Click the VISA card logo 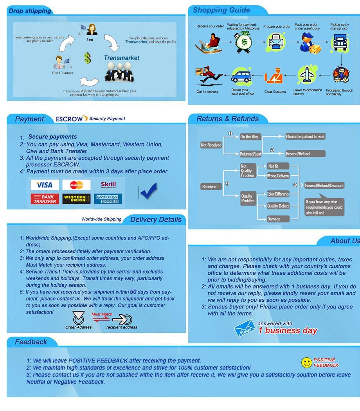point(44,185)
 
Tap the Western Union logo point(76,199)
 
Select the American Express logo point(108,199)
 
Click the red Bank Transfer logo point(44,199)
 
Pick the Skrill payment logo point(108,185)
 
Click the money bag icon point(243,42)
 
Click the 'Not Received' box point(211,145)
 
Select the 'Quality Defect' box point(278,206)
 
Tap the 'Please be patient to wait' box point(305,137)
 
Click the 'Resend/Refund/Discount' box point(324,186)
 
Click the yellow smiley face point(306,363)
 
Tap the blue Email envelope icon point(245,328)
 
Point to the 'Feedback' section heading point(31,342)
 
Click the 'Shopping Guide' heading point(221,11)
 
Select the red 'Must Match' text point(102,314)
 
